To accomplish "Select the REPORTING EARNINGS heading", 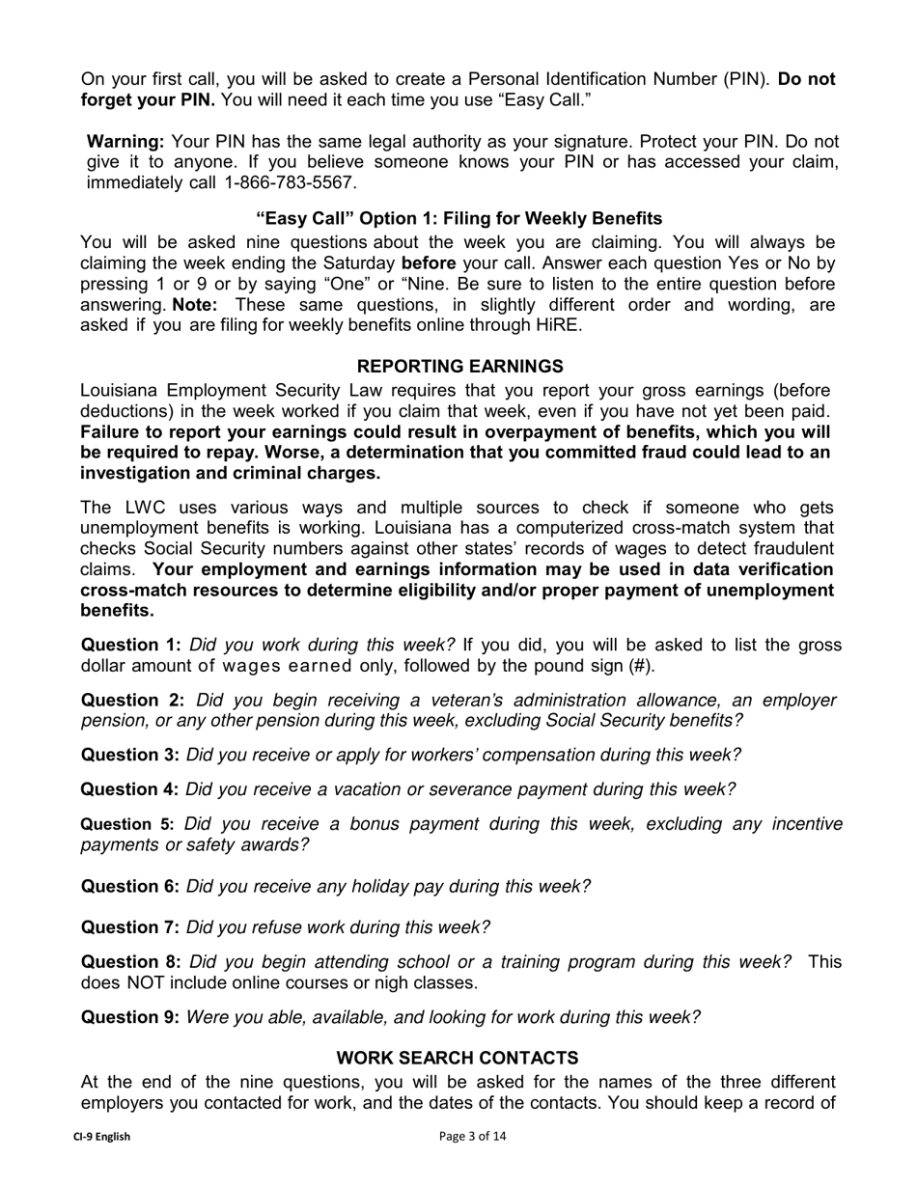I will (x=459, y=367).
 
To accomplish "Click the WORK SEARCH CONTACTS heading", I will (x=458, y=1058).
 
